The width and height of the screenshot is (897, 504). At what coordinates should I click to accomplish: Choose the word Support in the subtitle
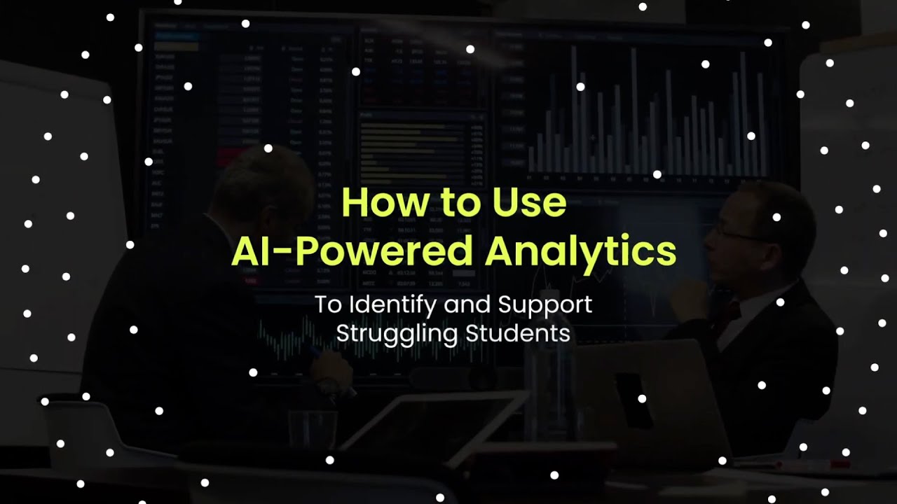pos(545,306)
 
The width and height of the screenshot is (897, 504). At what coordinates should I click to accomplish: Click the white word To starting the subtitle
pos(326,305)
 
